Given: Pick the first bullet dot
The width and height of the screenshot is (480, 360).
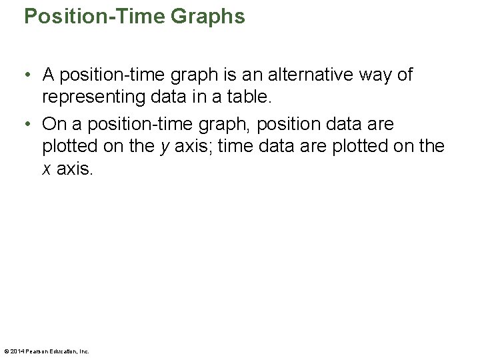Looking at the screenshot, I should (28, 75).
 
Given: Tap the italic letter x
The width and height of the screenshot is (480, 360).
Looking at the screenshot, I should (47, 169).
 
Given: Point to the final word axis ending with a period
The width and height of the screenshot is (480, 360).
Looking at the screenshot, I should (75, 169).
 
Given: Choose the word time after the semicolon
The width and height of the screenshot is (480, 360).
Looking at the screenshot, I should (234, 147).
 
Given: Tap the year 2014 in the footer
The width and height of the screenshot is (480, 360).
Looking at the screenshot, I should (17, 351).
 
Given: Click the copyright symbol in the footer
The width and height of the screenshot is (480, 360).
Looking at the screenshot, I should (6, 351).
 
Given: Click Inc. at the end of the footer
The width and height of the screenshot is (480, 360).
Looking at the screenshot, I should (84, 351).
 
